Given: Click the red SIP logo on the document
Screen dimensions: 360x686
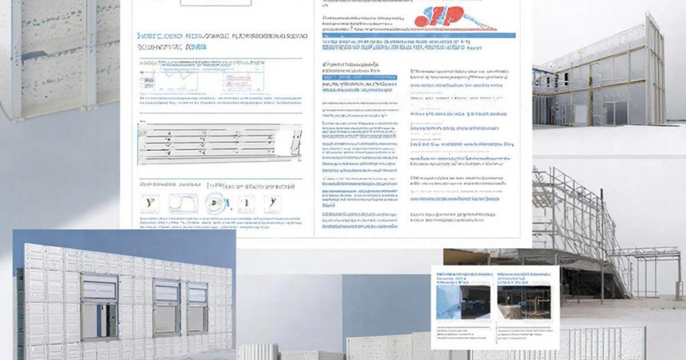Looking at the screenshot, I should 444,17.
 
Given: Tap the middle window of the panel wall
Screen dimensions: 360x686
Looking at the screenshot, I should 166,307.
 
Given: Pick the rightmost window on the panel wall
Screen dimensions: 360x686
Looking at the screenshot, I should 197,307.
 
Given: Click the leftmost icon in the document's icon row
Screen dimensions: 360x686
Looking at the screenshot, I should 150,203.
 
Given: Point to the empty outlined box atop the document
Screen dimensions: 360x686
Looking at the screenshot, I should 216,3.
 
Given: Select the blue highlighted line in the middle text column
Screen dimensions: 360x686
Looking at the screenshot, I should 360,77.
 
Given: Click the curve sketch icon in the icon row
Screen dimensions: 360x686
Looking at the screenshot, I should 184,203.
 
